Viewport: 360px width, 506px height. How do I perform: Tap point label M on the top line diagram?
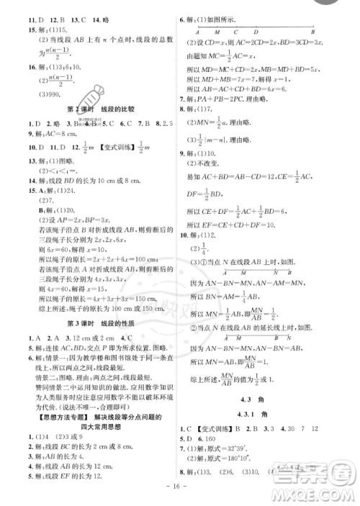coord(215,31)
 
